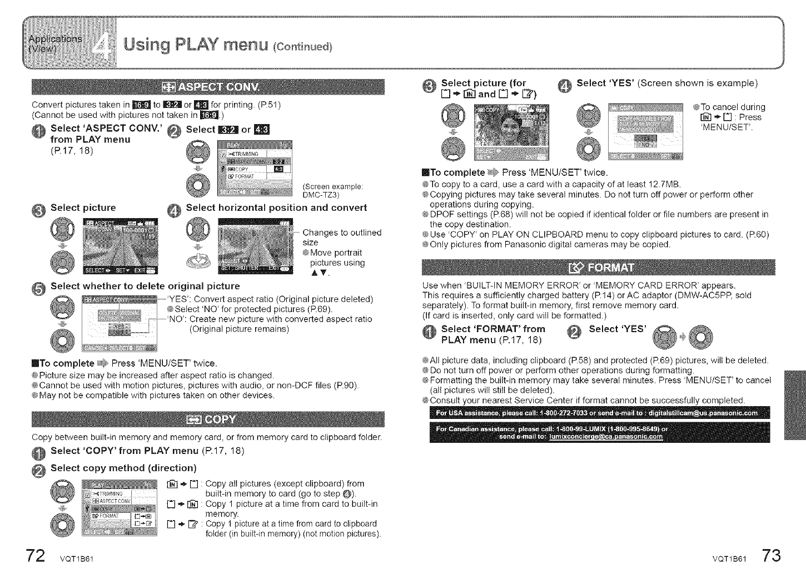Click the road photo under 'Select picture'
point(120,246)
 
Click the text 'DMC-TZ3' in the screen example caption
point(321,195)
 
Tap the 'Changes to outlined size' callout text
point(341,237)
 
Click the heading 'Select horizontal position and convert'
point(276,208)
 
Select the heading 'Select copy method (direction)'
point(123,468)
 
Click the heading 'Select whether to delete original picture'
point(145,286)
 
